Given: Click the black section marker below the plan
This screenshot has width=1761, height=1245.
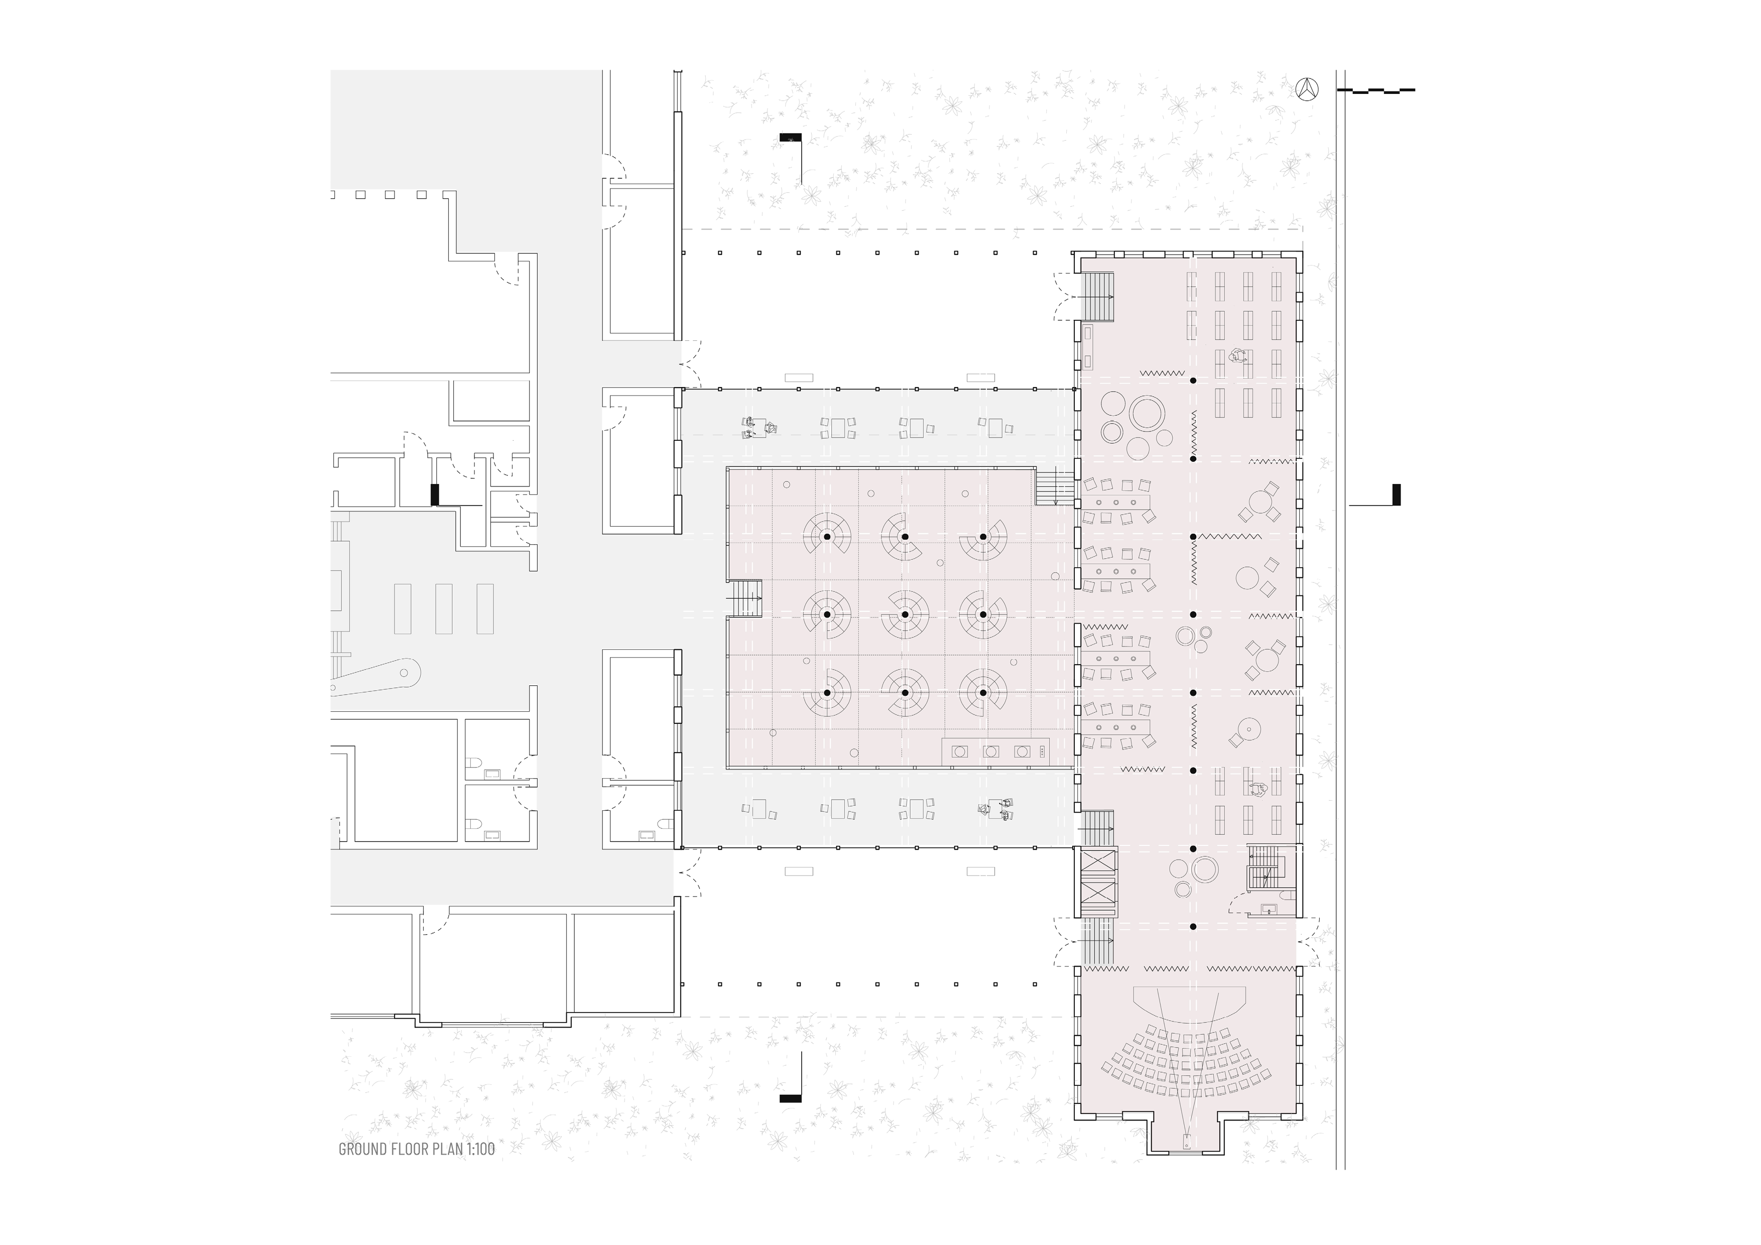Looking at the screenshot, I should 790,1098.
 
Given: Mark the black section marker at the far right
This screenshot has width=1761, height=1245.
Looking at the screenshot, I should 1397,495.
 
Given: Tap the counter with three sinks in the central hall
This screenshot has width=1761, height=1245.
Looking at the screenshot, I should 995,751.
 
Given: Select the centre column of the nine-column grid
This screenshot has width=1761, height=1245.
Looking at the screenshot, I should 905,614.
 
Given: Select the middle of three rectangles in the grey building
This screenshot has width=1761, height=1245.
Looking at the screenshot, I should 443,608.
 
